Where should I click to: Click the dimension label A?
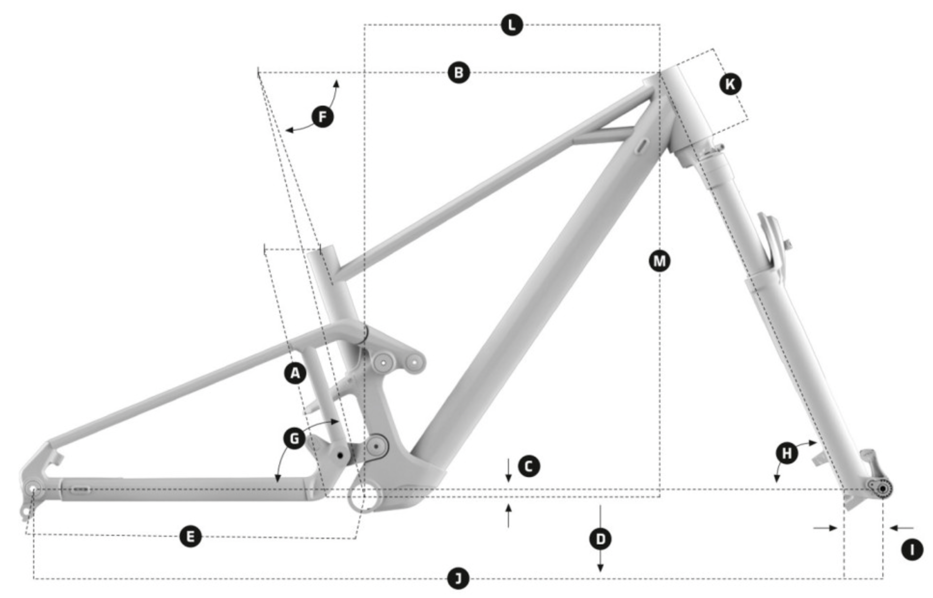pyautogui.click(x=295, y=373)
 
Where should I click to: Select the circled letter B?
pyautogui.click(x=458, y=73)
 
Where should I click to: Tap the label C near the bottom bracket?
pyautogui.click(x=529, y=466)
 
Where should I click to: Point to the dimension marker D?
pyautogui.click(x=600, y=539)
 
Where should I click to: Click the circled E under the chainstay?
pyautogui.click(x=190, y=536)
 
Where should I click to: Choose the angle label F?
pyautogui.click(x=322, y=117)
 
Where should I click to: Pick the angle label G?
pyautogui.click(x=294, y=439)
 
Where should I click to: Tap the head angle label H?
pyautogui.click(x=787, y=453)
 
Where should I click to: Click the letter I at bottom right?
pyautogui.click(x=912, y=549)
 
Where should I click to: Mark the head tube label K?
pyautogui.click(x=730, y=84)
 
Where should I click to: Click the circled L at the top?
pyautogui.click(x=511, y=25)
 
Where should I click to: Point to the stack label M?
pyautogui.click(x=659, y=261)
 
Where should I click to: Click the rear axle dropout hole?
pyautogui.click(x=33, y=489)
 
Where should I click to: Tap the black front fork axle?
pyautogui.click(x=883, y=489)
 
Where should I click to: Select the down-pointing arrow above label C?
pyautogui.click(x=508, y=470)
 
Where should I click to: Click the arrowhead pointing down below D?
pyautogui.click(x=600, y=568)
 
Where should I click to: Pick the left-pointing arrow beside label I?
pyautogui.click(x=901, y=528)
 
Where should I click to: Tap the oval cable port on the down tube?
pyautogui.click(x=642, y=147)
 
